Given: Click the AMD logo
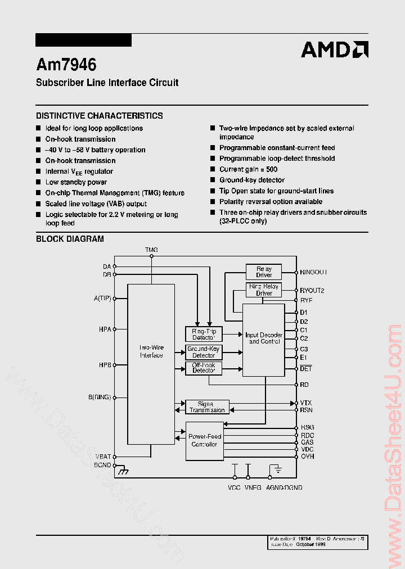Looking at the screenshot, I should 335,49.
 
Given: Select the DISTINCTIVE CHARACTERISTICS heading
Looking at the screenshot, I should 100,116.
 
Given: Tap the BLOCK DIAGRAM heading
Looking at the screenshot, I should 70,239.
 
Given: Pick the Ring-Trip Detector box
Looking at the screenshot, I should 204,334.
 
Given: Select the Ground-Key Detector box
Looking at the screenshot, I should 204,353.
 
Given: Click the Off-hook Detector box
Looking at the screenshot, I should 204,368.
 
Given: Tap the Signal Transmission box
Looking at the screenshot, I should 207,407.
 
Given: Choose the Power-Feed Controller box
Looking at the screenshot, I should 204,440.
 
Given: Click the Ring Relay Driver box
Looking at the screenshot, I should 264,290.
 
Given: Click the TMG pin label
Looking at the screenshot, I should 151,250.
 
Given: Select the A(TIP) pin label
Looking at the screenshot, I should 102,299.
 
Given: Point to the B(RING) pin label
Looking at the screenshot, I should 100,397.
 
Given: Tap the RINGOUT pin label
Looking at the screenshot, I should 313,272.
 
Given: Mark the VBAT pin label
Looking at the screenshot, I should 103,457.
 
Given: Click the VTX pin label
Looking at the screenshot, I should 306,403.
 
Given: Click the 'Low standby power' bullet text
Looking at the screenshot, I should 76,182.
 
